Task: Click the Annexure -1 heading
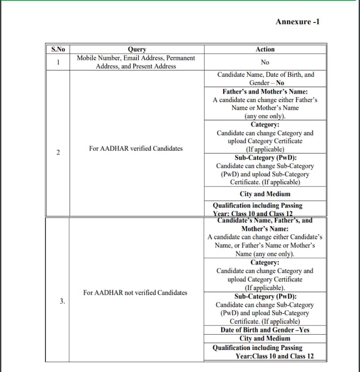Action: [298, 22]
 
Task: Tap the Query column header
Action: [136, 49]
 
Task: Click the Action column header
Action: [265, 49]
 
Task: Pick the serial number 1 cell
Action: [58, 62]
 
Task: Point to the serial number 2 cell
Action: [58, 152]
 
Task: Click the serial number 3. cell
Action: [62, 301]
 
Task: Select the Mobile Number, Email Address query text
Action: [136, 58]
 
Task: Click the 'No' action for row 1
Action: [265, 62]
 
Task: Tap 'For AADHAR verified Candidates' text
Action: [136, 149]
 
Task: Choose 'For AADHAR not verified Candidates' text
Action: [135, 292]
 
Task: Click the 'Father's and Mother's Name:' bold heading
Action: [265, 92]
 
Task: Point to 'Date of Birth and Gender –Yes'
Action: [265, 330]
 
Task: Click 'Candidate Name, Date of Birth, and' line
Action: [265, 75]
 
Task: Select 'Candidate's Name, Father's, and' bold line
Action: [265, 221]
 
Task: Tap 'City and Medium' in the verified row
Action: [265, 194]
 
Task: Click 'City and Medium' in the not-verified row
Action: [265, 338]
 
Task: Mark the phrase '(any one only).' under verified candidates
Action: [265, 116]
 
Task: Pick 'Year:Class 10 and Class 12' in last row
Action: [275, 356]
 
